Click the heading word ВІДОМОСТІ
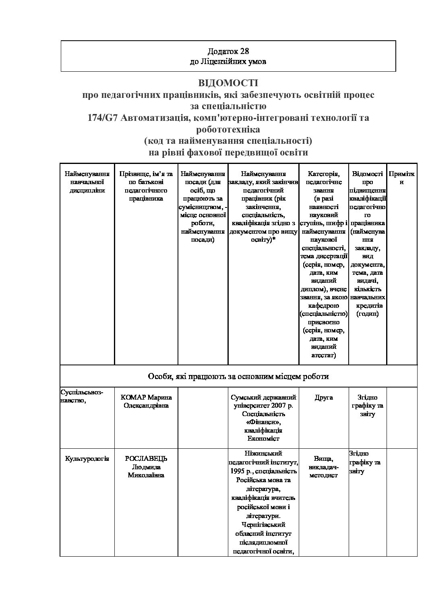coord(228,83)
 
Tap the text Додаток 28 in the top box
coord(228,51)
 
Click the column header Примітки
coord(401,178)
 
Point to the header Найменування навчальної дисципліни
coord(87,182)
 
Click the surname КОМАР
coord(133,398)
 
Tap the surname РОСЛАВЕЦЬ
coord(146,459)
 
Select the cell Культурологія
coord(87,459)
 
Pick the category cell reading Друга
coord(324,398)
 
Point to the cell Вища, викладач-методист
coord(324,467)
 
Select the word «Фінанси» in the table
coord(263,422)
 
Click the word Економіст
coord(263,439)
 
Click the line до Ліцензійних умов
coord(228,62)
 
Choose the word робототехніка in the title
coord(228,130)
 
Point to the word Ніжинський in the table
coord(263,453)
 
